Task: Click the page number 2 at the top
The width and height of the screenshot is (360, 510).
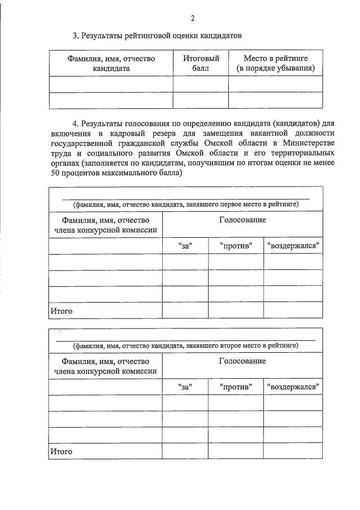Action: point(193,18)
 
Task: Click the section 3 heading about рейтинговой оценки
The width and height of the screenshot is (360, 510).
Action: point(157,36)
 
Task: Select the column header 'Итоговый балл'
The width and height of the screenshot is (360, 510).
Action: point(201,63)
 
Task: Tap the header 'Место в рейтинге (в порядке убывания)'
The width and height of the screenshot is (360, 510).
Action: point(275,63)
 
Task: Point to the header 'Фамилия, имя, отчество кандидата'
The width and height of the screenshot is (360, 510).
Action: point(111,63)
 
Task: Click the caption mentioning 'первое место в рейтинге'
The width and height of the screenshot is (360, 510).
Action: point(185,204)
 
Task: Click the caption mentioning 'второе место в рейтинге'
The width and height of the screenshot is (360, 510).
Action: point(185,345)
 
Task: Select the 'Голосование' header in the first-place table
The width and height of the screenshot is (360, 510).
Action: point(242,220)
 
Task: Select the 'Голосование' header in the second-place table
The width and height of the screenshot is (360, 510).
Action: point(242,361)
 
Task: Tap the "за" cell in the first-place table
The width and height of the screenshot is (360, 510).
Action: point(185,246)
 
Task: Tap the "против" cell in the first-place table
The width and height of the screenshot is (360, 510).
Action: point(236,246)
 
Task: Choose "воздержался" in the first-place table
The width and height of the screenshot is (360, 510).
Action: point(294,246)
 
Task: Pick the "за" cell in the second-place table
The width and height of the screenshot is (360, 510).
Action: point(185,387)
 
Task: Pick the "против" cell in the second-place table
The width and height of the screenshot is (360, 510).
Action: point(236,387)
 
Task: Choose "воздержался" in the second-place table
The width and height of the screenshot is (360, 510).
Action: point(294,387)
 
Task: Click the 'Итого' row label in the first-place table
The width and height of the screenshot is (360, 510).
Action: point(61,311)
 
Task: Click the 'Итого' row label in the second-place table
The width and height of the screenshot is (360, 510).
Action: point(61,451)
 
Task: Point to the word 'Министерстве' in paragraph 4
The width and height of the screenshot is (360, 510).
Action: point(309,143)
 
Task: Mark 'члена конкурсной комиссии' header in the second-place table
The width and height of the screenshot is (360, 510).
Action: point(106,371)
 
